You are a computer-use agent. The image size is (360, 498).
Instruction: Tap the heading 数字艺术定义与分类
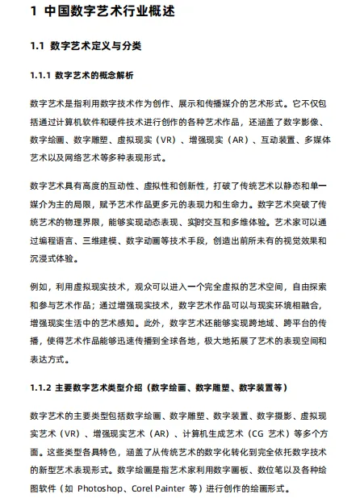95,47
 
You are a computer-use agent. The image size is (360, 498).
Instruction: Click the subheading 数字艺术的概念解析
100,75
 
